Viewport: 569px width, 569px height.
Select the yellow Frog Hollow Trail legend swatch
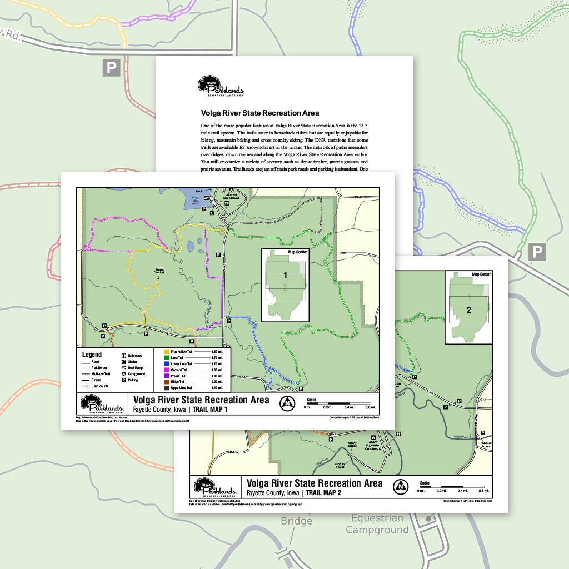click(167, 352)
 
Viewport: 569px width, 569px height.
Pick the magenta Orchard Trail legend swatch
click(167, 370)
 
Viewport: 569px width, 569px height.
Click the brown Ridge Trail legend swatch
click(167, 382)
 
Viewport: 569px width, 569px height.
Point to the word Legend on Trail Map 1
click(92, 355)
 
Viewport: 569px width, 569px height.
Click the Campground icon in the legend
click(123, 374)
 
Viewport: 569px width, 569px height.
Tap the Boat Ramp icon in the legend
click(123, 368)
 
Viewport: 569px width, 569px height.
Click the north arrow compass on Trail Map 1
click(287, 403)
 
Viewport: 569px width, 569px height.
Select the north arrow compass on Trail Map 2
click(400, 486)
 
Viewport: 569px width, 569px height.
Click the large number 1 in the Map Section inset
click(285, 275)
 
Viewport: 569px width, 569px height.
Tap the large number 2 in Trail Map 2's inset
click(468, 310)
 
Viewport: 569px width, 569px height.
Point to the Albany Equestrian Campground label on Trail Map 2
click(373, 445)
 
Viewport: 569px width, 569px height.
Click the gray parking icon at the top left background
click(111, 68)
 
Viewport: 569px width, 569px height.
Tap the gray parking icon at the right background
click(537, 252)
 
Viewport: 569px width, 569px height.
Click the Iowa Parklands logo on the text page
click(221, 86)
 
